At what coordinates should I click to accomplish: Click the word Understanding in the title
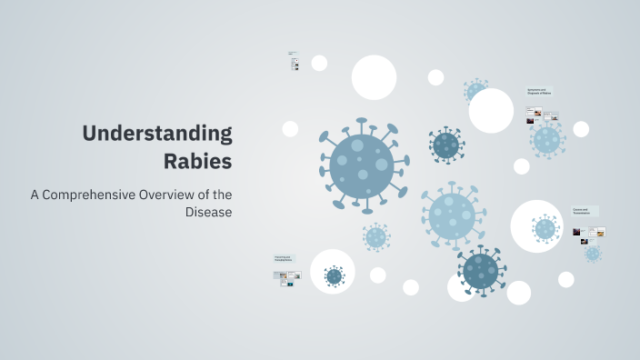(157, 134)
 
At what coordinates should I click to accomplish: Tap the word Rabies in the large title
(197, 162)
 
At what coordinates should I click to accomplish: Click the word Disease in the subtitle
(208, 212)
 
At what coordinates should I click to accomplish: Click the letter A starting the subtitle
(35, 194)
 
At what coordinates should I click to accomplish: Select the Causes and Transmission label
(583, 211)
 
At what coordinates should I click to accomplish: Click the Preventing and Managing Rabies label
(283, 259)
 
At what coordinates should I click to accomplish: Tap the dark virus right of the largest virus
(445, 145)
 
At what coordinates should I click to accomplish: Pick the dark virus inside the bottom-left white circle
(334, 275)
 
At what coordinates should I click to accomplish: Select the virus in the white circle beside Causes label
(545, 228)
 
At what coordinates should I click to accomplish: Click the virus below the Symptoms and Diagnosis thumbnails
(545, 139)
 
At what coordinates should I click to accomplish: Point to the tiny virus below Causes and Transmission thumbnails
(593, 254)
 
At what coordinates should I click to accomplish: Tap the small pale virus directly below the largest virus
(376, 237)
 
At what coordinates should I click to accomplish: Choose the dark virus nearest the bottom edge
(480, 269)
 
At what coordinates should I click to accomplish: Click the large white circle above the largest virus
(374, 77)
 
